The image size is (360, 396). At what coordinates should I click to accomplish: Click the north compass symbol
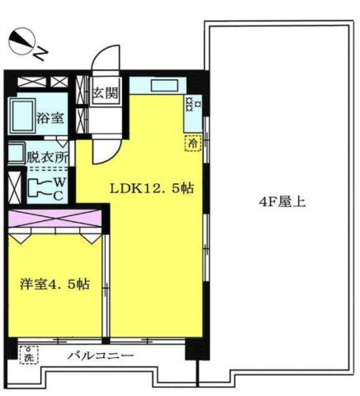coord(23,40)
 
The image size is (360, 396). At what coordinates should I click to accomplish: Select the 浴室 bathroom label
coord(49,119)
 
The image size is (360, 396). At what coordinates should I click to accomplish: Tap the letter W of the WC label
coord(59,181)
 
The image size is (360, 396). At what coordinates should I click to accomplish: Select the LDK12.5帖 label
coord(153,187)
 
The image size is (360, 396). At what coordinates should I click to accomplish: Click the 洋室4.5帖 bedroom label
coord(54,285)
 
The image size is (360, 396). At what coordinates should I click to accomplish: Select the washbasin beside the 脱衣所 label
coord(15,153)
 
